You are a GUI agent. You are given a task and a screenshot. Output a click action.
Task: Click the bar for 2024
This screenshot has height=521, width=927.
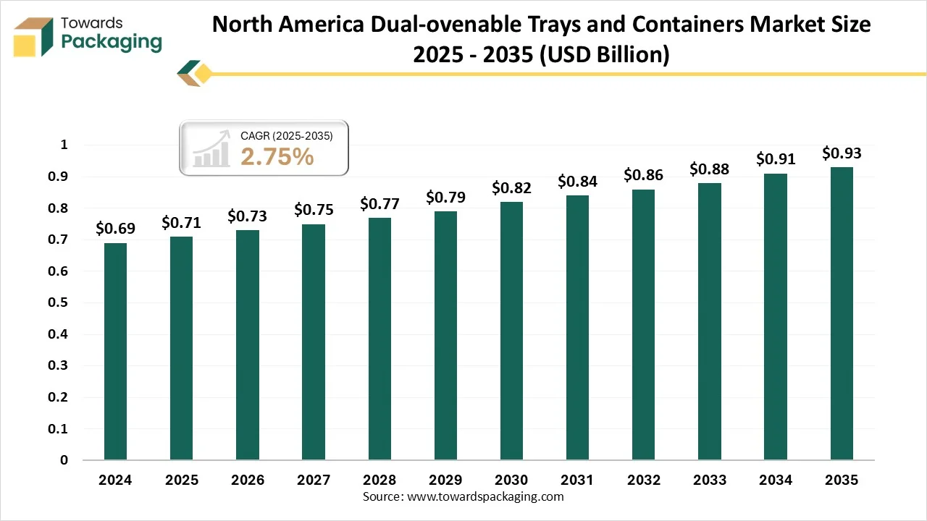(x=115, y=351)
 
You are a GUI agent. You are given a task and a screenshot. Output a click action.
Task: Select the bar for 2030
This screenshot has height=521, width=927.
(x=511, y=331)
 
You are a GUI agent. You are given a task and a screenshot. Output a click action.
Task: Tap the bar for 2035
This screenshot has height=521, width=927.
(x=842, y=313)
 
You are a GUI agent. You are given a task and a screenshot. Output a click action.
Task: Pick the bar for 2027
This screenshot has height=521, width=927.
(x=314, y=342)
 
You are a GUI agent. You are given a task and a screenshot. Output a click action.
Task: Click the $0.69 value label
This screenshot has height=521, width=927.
(x=115, y=229)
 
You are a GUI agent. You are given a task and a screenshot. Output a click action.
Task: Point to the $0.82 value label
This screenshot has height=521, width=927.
(x=511, y=188)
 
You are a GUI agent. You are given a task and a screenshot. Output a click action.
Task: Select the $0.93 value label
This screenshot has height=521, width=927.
(x=842, y=153)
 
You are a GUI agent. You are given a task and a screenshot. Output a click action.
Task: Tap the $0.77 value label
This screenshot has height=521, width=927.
(x=379, y=204)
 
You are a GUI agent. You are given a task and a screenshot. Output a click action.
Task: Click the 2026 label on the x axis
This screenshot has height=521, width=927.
(x=247, y=480)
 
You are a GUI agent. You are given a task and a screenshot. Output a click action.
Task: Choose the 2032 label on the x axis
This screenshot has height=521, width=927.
(x=643, y=480)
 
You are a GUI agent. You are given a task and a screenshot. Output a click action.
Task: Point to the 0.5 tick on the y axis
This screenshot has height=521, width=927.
(x=64, y=302)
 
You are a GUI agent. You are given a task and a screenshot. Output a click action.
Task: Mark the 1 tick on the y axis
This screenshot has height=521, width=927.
(x=64, y=145)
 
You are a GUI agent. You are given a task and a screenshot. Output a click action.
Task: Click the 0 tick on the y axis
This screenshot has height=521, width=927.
(x=64, y=460)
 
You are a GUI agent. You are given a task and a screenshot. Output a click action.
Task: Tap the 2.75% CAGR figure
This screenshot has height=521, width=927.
(x=277, y=156)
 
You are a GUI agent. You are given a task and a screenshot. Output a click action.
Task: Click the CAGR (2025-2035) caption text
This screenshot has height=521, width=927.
(x=287, y=135)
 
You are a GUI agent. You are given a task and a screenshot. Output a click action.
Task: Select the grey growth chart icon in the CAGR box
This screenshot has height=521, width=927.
(x=211, y=149)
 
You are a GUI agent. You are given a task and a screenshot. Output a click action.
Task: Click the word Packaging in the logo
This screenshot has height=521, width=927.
(x=112, y=42)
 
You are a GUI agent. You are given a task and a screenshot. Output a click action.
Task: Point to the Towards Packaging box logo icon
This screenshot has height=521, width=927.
(x=33, y=36)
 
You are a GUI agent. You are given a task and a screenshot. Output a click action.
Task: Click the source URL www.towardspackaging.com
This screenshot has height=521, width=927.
(x=485, y=497)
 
